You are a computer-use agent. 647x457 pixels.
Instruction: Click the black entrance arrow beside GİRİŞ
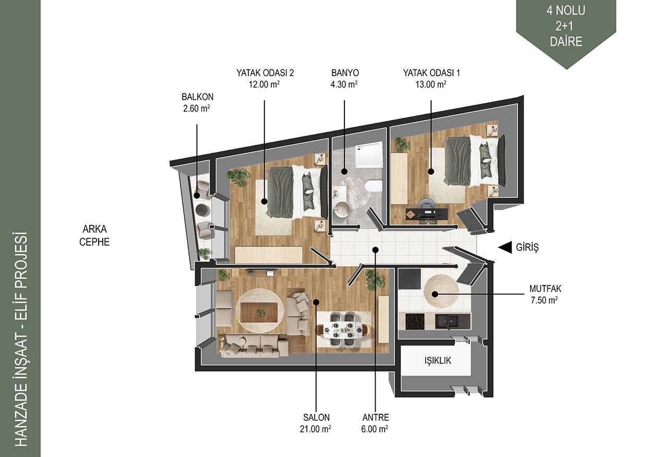505,247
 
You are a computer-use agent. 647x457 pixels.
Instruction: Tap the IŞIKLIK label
438,361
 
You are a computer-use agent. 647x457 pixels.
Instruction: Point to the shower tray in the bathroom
369,154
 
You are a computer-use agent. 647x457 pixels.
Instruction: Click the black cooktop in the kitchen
415,322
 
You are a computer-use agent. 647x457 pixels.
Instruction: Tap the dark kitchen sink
447,322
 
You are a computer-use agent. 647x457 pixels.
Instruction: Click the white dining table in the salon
343,329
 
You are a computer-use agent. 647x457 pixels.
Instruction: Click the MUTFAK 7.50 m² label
545,294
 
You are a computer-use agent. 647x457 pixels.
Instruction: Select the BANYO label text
345,73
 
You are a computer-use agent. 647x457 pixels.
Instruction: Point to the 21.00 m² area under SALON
315,429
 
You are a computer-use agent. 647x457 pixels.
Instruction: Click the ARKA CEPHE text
94,236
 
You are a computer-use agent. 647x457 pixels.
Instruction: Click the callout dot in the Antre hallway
375,250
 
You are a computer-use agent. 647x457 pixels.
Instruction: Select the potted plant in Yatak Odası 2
237,176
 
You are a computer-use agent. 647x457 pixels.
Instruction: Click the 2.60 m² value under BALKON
196,108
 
